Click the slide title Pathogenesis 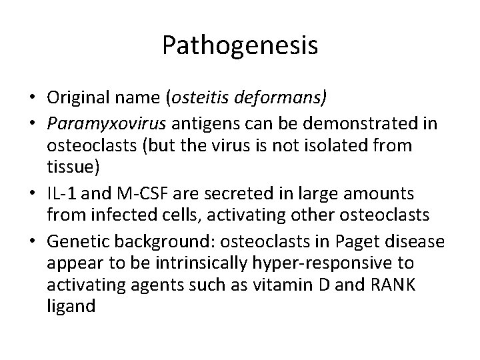click(x=240, y=45)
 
